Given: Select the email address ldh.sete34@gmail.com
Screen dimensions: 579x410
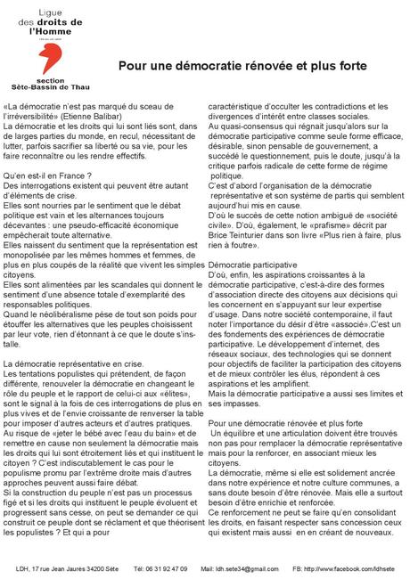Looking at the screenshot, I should pos(241,568).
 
